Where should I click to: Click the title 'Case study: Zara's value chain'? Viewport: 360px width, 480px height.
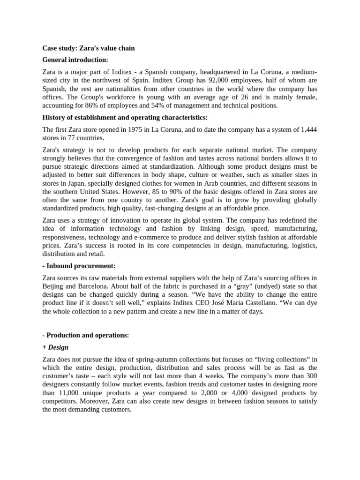coord(89,48)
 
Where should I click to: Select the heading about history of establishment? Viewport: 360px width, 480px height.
coord(125,117)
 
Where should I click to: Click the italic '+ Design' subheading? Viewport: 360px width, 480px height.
coord(55,347)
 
